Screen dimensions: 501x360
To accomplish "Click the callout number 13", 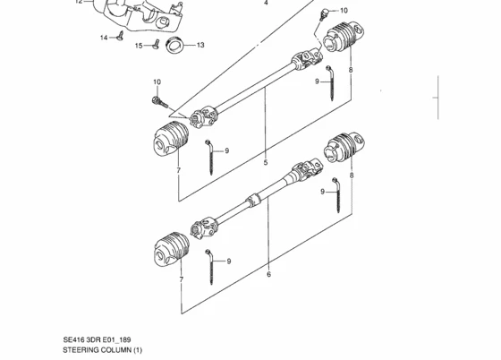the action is pos(200,45).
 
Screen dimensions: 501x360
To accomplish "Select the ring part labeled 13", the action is pos(174,45).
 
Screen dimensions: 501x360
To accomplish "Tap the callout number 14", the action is pos(104,38).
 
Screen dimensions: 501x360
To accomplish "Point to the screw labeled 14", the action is pos(121,36).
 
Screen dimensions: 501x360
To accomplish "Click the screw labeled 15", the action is pos(156,44).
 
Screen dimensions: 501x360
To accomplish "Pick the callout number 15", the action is pos(139,46).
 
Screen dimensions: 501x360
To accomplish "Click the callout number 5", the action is pos(266,162).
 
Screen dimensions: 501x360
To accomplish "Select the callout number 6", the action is pos(268,274).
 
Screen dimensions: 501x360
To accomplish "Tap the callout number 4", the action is pos(266,3).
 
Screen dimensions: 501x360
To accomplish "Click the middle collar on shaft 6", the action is pos(254,200).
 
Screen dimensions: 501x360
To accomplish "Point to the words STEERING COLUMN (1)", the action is pos(102,350).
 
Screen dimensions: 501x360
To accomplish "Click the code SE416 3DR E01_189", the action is pos(97,339).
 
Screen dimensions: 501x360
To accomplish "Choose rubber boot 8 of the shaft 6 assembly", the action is pos(344,147).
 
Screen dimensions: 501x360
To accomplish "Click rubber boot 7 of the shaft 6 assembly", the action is pos(171,249).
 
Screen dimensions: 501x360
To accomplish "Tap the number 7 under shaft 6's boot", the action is pos(182,279).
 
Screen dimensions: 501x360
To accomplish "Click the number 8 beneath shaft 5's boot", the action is pos(351,70).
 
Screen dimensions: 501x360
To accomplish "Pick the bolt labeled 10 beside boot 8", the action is pos(324,14).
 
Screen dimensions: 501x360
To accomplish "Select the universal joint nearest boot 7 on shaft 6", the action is pos(204,227).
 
